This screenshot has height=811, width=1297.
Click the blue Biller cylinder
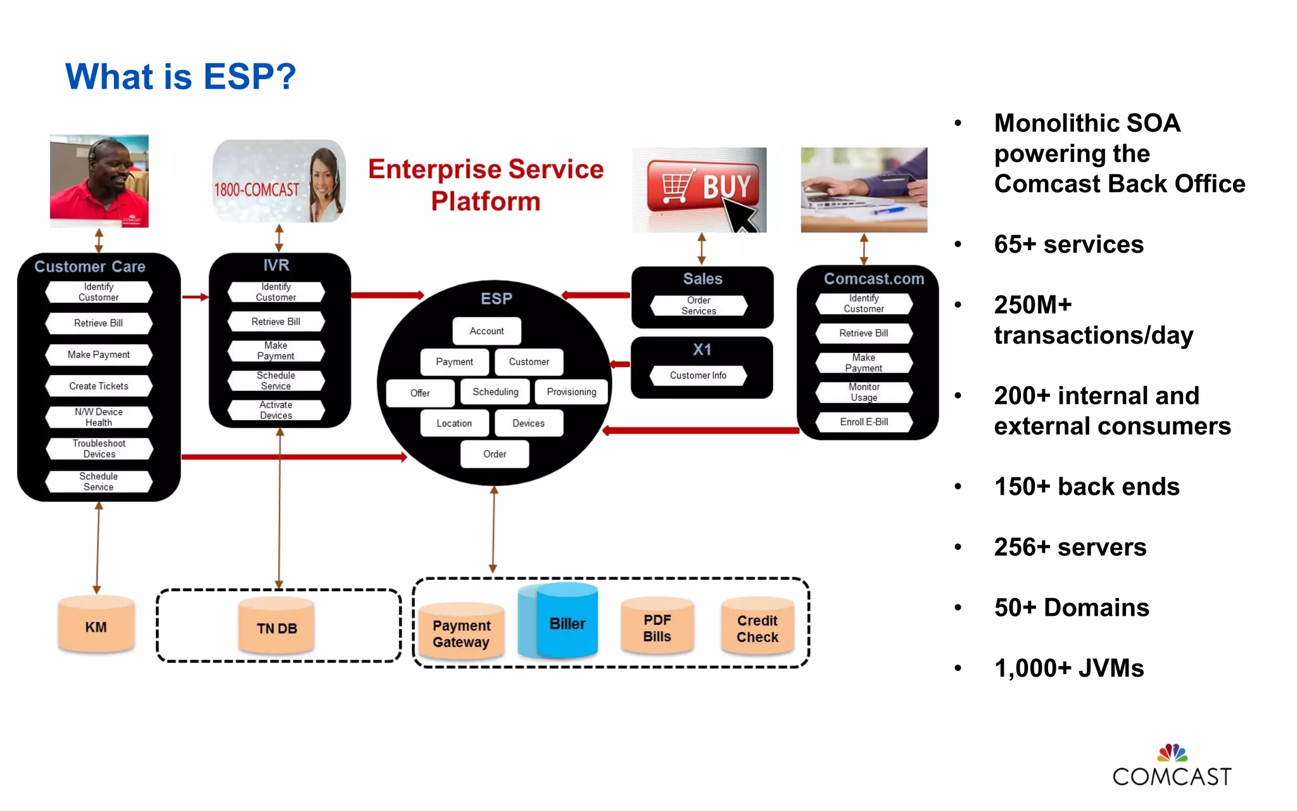566,623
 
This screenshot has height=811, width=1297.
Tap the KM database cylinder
96,626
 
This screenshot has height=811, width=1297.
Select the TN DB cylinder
277,627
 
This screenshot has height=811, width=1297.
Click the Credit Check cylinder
757,628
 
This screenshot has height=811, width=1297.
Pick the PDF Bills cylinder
657,627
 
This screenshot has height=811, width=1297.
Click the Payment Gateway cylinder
461,633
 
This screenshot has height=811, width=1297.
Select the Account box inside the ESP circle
486,331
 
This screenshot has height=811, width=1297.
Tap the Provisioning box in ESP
571,392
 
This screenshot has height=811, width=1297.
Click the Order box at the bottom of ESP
495,454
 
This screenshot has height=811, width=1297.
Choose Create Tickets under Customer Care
99,386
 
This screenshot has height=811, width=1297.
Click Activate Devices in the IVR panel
276,410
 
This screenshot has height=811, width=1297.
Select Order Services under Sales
699,305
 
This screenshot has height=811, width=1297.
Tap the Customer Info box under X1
698,375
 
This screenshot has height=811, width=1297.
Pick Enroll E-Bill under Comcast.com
864,422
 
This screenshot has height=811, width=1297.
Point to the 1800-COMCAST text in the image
256,189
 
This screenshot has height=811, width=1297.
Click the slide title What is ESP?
180,77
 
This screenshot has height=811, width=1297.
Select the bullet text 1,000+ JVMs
1069,668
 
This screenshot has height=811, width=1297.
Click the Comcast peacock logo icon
1172,753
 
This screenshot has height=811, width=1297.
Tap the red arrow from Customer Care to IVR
195,297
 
